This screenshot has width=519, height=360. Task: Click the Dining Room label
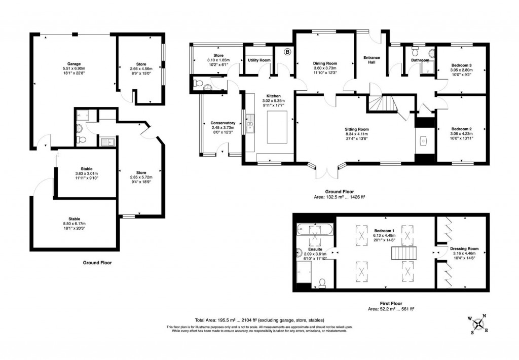click(325, 63)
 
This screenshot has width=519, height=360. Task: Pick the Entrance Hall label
click(372, 60)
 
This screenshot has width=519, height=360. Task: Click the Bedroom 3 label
click(462, 65)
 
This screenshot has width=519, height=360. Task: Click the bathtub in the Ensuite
click(315, 231)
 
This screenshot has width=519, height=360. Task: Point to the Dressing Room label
click(464, 249)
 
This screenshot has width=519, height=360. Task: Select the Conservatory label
click(223, 123)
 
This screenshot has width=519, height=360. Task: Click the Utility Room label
click(258, 60)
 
